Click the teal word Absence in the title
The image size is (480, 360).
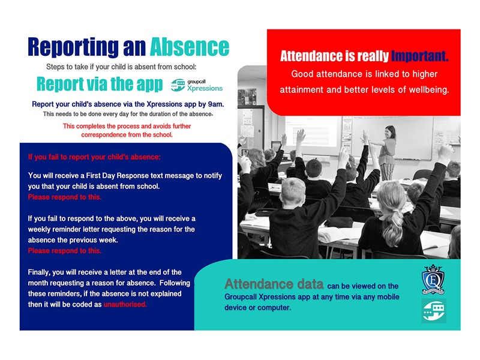(x=190, y=47)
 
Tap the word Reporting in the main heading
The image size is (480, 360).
(x=73, y=48)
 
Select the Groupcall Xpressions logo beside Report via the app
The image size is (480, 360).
(x=197, y=85)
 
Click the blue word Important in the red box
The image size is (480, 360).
(x=419, y=56)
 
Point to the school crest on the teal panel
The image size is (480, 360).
(x=433, y=280)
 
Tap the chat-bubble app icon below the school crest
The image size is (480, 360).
(x=434, y=311)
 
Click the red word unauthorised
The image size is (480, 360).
(x=125, y=304)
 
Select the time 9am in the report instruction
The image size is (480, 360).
(x=216, y=104)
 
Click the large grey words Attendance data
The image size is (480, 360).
(x=274, y=284)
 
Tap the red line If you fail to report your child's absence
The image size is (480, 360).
(x=94, y=157)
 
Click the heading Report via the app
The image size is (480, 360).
(x=100, y=84)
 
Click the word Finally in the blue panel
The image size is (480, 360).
(x=40, y=272)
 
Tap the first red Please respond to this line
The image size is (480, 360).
(x=65, y=197)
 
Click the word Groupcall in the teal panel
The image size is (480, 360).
(x=241, y=297)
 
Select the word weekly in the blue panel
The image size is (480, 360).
(x=39, y=229)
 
